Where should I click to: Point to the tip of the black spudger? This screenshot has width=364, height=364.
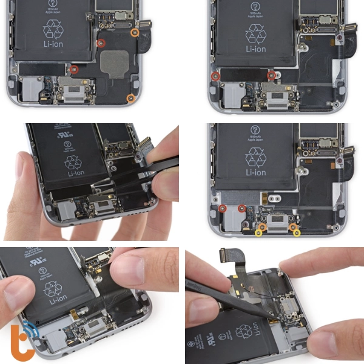272,316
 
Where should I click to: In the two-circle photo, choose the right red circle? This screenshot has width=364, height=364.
271,75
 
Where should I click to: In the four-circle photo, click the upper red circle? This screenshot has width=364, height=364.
101,43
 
